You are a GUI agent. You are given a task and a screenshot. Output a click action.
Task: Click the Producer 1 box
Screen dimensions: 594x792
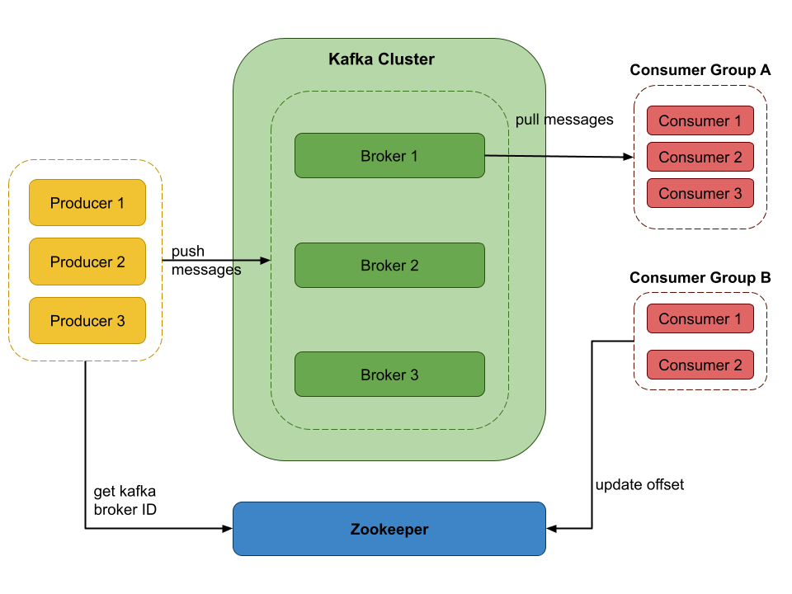[87, 203]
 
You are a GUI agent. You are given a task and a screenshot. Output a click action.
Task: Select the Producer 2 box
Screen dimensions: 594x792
[87, 262]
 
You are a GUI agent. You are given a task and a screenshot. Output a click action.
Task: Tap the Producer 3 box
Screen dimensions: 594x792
[87, 321]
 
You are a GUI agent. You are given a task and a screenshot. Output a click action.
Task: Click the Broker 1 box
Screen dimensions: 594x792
[389, 156]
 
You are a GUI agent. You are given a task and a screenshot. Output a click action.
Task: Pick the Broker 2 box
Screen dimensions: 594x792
[389, 266]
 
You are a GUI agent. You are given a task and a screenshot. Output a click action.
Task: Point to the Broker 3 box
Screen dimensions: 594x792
[389, 375]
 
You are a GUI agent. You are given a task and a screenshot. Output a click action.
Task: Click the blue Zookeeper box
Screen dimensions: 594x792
[389, 530]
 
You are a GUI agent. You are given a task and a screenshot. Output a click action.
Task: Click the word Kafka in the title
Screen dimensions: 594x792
[351, 59]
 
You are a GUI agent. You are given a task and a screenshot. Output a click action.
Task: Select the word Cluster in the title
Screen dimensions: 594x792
[406, 59]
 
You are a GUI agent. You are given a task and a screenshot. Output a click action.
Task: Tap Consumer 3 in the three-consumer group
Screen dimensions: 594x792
[700, 194]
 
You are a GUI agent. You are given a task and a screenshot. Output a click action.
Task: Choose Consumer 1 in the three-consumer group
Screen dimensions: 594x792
[700, 121]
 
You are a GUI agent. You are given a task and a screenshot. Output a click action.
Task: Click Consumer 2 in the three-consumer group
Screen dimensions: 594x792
[700, 158]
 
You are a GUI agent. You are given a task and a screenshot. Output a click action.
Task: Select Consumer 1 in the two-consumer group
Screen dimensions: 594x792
[700, 319]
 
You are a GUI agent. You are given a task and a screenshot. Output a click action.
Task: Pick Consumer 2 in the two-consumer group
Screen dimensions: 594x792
[700, 365]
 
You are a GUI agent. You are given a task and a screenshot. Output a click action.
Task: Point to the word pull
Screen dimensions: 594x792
[527, 120]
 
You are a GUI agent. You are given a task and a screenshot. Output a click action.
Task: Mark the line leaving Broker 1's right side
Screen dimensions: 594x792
[516, 156]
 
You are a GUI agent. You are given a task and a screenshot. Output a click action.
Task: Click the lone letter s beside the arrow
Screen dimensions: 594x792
[238, 271]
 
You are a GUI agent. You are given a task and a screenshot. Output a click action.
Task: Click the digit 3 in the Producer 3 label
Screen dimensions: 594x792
[120, 321]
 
